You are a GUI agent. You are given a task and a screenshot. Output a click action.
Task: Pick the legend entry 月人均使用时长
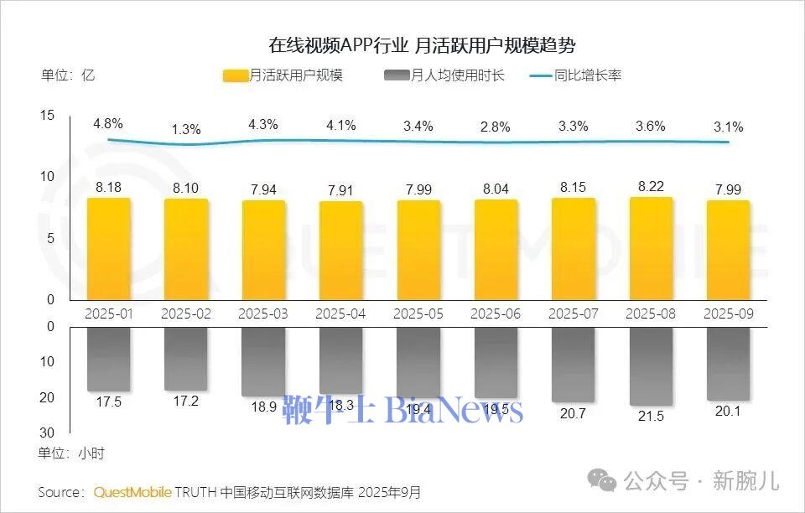(444, 75)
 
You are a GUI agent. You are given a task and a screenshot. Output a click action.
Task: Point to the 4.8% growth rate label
(108, 123)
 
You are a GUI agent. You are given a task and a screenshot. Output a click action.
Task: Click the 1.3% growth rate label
(186, 129)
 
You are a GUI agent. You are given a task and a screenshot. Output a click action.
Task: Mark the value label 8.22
(651, 187)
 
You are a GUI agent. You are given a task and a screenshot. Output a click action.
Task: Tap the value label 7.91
(341, 190)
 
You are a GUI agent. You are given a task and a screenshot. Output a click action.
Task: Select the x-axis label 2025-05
(418, 313)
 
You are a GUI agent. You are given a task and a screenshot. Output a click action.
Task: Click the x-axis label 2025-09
(728, 313)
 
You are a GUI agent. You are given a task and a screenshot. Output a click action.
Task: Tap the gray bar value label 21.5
(651, 416)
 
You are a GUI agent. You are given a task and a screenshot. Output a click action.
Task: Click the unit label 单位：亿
(68, 75)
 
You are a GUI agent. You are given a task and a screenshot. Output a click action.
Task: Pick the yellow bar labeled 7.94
(264, 250)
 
